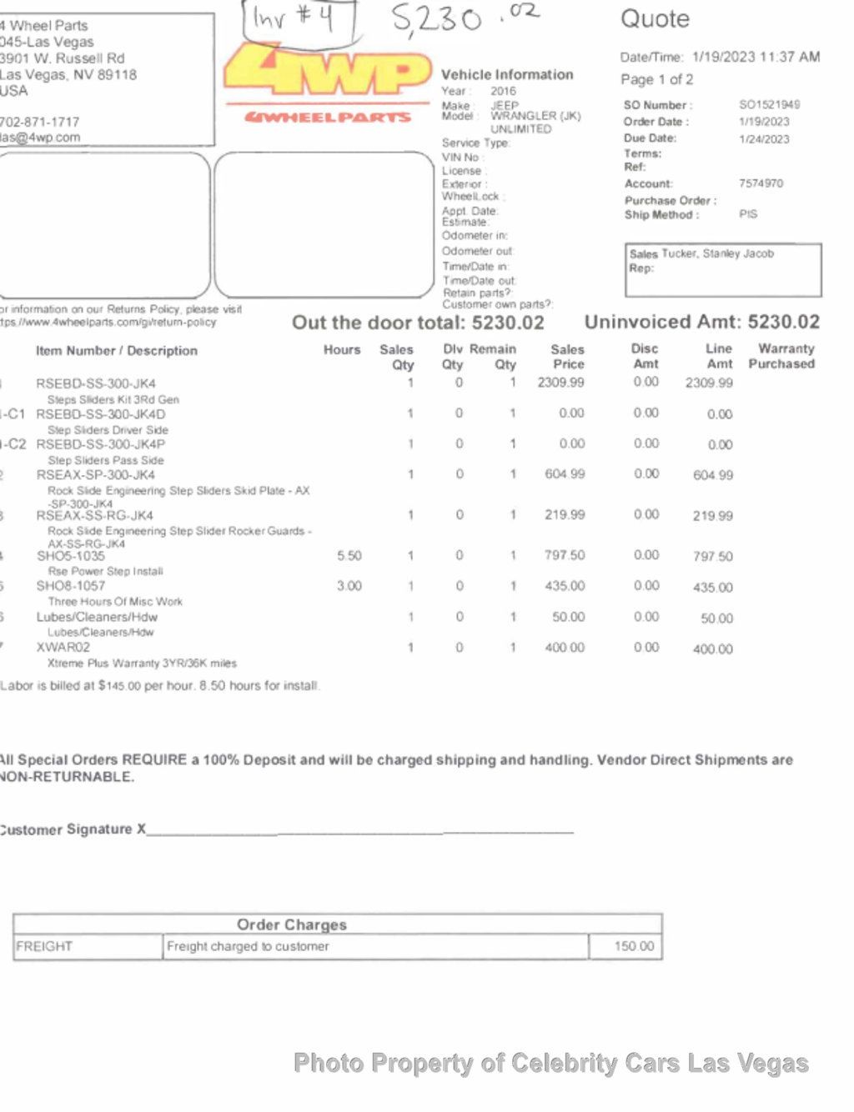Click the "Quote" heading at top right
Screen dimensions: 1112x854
[x=655, y=19]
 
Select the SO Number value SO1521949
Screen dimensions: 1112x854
[x=769, y=105]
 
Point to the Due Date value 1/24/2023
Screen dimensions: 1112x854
[x=764, y=139]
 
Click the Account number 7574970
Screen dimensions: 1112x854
[x=761, y=183]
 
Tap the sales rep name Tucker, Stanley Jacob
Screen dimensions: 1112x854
[x=717, y=253]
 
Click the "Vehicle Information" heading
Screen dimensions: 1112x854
[x=507, y=75]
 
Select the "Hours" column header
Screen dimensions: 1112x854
[x=342, y=350]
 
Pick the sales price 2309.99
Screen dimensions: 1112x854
[x=560, y=383]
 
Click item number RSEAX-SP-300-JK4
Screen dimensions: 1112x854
[x=95, y=475]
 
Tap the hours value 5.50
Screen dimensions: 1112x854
[x=349, y=556]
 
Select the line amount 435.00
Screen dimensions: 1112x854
[x=712, y=588]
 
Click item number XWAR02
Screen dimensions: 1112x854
[x=63, y=647]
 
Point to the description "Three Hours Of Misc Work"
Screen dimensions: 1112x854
[x=115, y=602]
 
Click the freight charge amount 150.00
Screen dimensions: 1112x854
[x=634, y=947]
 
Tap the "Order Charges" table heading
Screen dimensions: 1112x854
[x=291, y=924]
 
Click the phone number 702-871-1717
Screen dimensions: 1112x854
[x=40, y=122]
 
